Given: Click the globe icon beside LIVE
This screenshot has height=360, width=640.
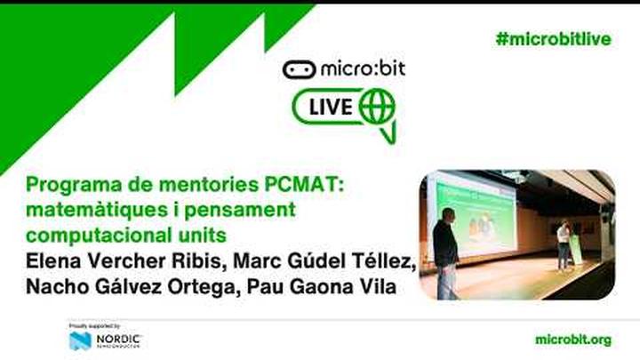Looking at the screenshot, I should (376, 108).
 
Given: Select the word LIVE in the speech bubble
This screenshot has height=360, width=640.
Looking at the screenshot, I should (330, 108).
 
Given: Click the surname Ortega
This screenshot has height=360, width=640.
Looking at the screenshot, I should (213, 288).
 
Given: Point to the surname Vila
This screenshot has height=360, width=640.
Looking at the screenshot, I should (375, 288).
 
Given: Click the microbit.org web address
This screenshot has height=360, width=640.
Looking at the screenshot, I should (573, 340).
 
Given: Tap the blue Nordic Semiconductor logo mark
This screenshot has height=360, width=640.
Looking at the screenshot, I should (79, 340).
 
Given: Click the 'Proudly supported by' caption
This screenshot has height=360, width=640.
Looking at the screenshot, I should (93, 326).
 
